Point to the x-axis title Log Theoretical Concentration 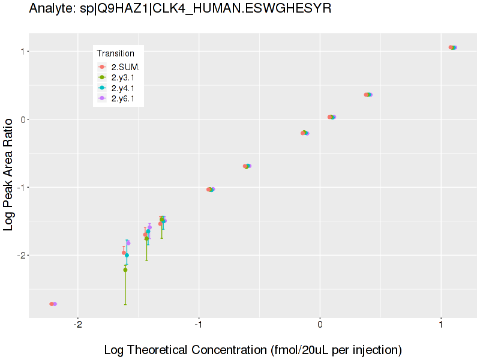point(253,349)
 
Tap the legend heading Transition point(115,53)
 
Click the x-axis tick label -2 point(77,326)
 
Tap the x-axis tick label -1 point(199,326)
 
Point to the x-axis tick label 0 point(320,326)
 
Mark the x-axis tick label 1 point(441,326)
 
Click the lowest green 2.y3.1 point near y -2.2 point(125,270)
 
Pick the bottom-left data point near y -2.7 point(53,304)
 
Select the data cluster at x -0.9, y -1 point(210,190)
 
